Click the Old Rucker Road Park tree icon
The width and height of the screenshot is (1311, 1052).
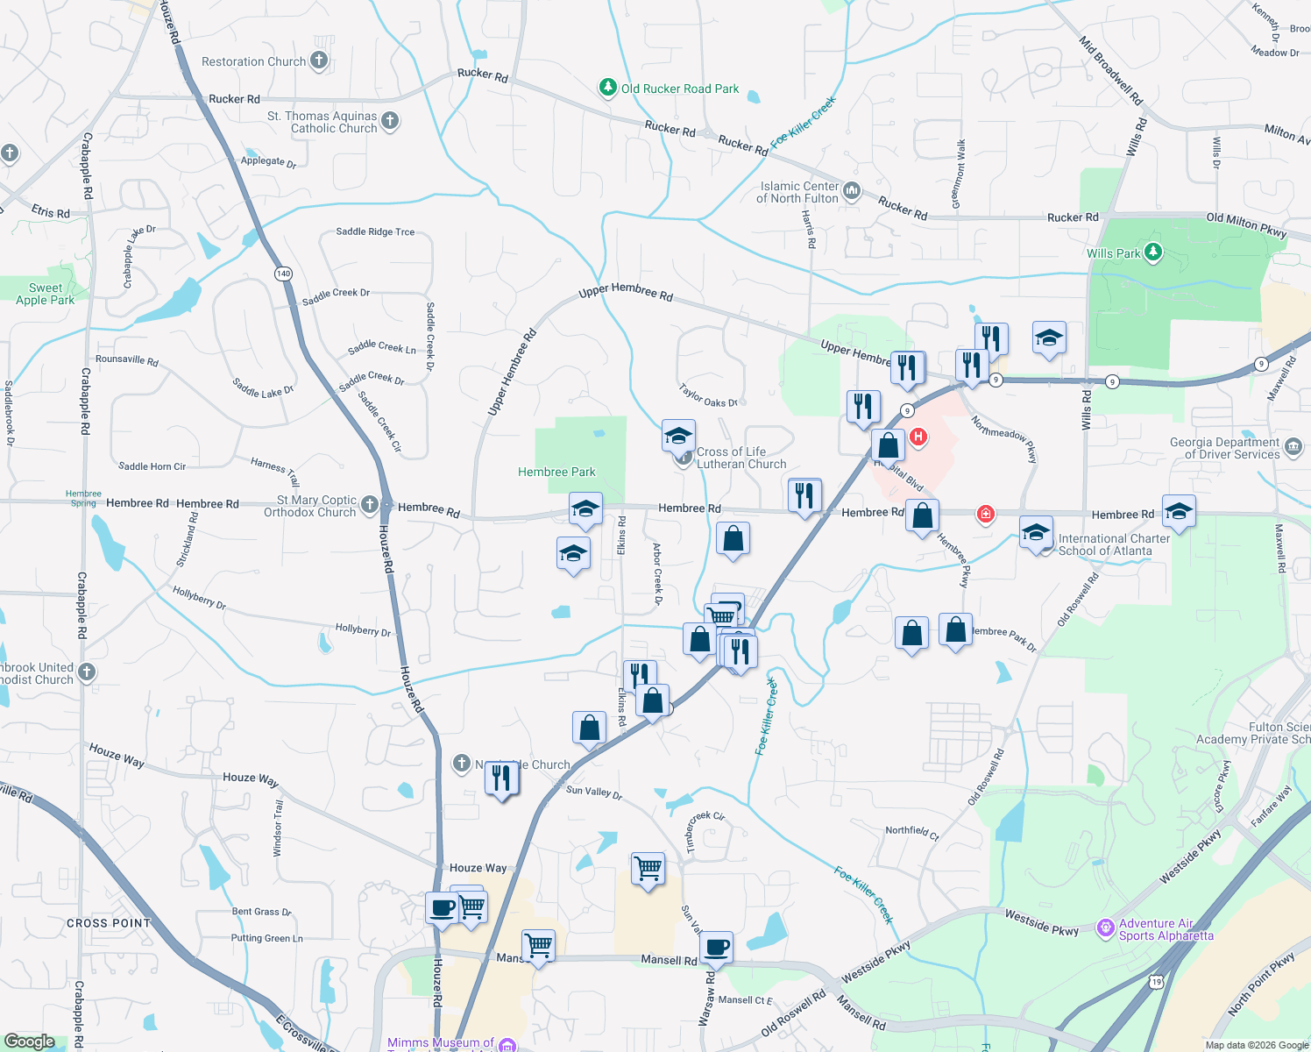tap(607, 88)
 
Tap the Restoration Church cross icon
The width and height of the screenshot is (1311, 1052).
tap(319, 60)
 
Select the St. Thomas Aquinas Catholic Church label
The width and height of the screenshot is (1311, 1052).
tap(322, 122)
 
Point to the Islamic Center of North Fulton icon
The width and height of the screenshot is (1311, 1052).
tap(852, 190)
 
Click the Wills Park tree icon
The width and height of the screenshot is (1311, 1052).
tap(1153, 252)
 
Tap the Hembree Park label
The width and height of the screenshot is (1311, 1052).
tap(556, 472)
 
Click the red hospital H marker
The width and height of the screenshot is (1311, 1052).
tap(918, 437)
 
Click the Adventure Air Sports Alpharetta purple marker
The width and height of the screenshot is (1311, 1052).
tap(1106, 928)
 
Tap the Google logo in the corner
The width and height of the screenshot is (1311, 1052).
tap(29, 1041)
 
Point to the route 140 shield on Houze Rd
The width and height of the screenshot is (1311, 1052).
tap(283, 274)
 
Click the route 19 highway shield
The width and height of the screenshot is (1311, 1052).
tap(1157, 982)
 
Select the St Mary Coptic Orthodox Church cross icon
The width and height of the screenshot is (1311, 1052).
tap(370, 504)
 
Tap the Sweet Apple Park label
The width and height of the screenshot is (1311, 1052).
tap(45, 294)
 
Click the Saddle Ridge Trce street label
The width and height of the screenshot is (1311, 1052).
tap(375, 231)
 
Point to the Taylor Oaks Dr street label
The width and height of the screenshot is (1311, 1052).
tap(708, 396)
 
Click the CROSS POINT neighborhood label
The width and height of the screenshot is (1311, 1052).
tap(109, 923)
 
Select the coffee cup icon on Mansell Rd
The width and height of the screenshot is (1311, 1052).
tap(716, 948)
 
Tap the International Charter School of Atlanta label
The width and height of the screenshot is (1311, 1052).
tap(1113, 544)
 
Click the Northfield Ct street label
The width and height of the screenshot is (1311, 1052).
tap(911, 832)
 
